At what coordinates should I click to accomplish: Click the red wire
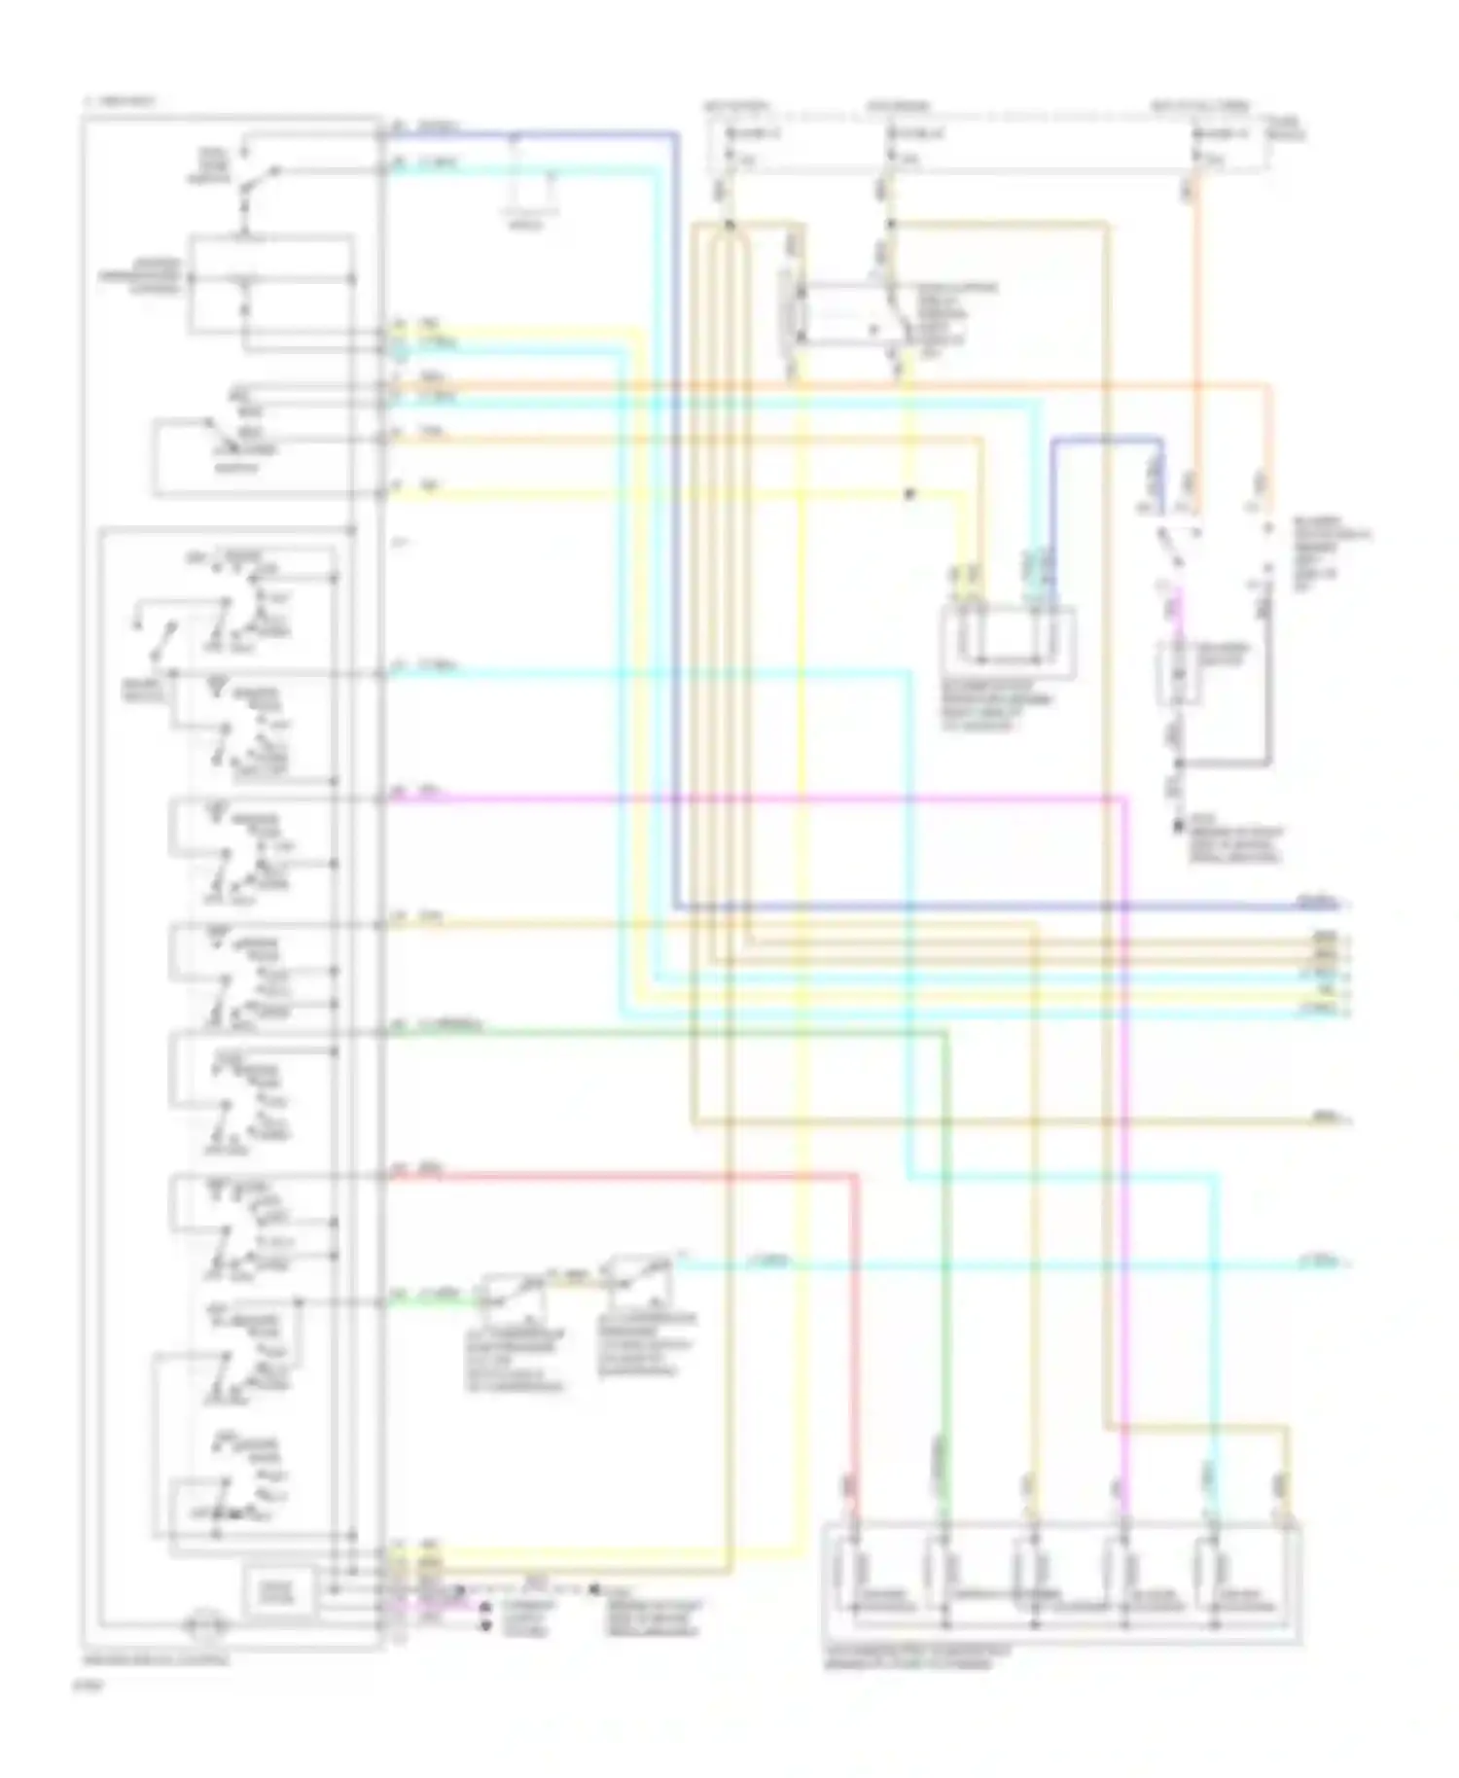coord(623,1176)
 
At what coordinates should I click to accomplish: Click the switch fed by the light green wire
coord(511,1294)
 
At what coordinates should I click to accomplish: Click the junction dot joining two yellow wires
coord(909,494)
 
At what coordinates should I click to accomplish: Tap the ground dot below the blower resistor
coord(1176,827)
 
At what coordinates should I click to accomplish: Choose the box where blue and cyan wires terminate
coord(1008,642)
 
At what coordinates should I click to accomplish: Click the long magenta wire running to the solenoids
coord(778,799)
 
